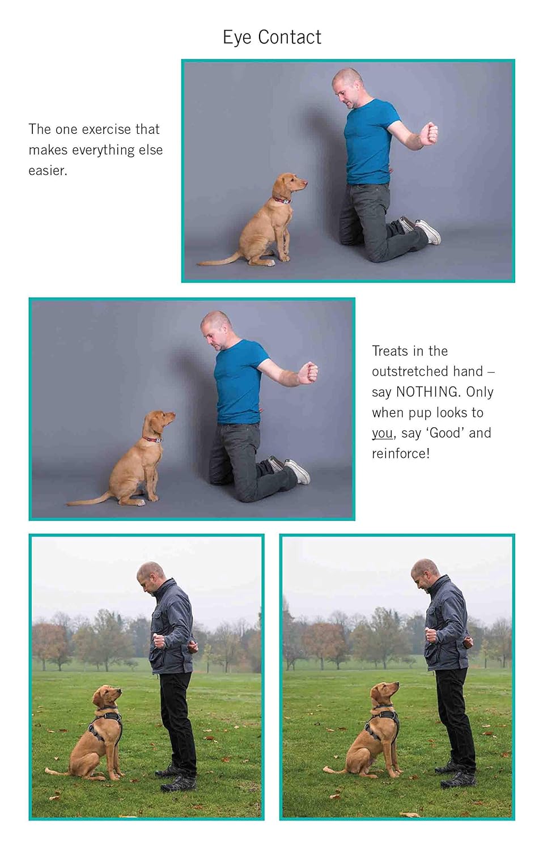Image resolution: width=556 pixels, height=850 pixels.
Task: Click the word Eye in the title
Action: pyautogui.click(x=237, y=37)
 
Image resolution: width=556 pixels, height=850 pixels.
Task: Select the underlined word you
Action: pyautogui.click(x=382, y=433)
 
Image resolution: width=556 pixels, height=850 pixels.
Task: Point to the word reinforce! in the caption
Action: pyautogui.click(x=401, y=454)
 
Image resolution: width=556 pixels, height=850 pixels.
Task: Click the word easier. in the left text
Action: pyautogui.click(x=48, y=171)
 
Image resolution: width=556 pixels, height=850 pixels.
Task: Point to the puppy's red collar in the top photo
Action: pyautogui.click(x=282, y=200)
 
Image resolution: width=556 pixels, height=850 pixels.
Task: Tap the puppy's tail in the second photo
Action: pyautogui.click(x=91, y=500)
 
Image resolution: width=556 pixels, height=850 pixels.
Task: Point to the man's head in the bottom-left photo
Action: pyautogui.click(x=150, y=577)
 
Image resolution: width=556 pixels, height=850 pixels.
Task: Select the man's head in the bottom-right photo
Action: pyautogui.click(x=424, y=573)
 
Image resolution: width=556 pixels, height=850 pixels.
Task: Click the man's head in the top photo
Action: pyautogui.click(x=346, y=86)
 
